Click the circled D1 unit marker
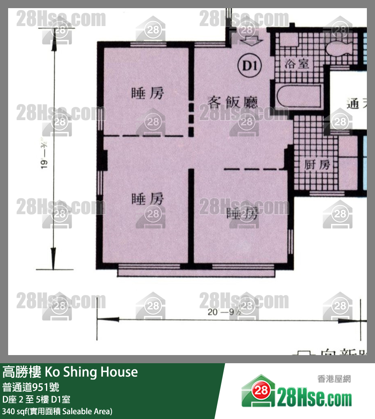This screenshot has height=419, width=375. coord(250,65)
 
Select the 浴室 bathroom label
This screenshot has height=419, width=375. coord(297,64)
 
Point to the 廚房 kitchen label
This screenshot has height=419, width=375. coord(317,165)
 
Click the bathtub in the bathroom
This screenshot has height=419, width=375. coord(300,98)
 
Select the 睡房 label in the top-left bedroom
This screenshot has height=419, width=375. coord(148,93)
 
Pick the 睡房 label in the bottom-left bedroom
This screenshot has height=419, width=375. coord(148,199)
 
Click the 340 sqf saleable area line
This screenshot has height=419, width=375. coord(57,411)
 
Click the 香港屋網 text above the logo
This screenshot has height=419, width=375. coord(334,379)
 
